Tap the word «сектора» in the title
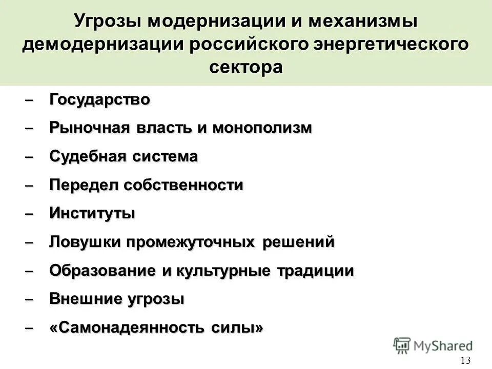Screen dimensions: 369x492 pos(246,67)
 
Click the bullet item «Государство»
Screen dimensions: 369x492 pos(100,99)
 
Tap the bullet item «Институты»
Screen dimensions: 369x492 pos(92,213)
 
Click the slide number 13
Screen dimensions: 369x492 pos(465,360)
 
